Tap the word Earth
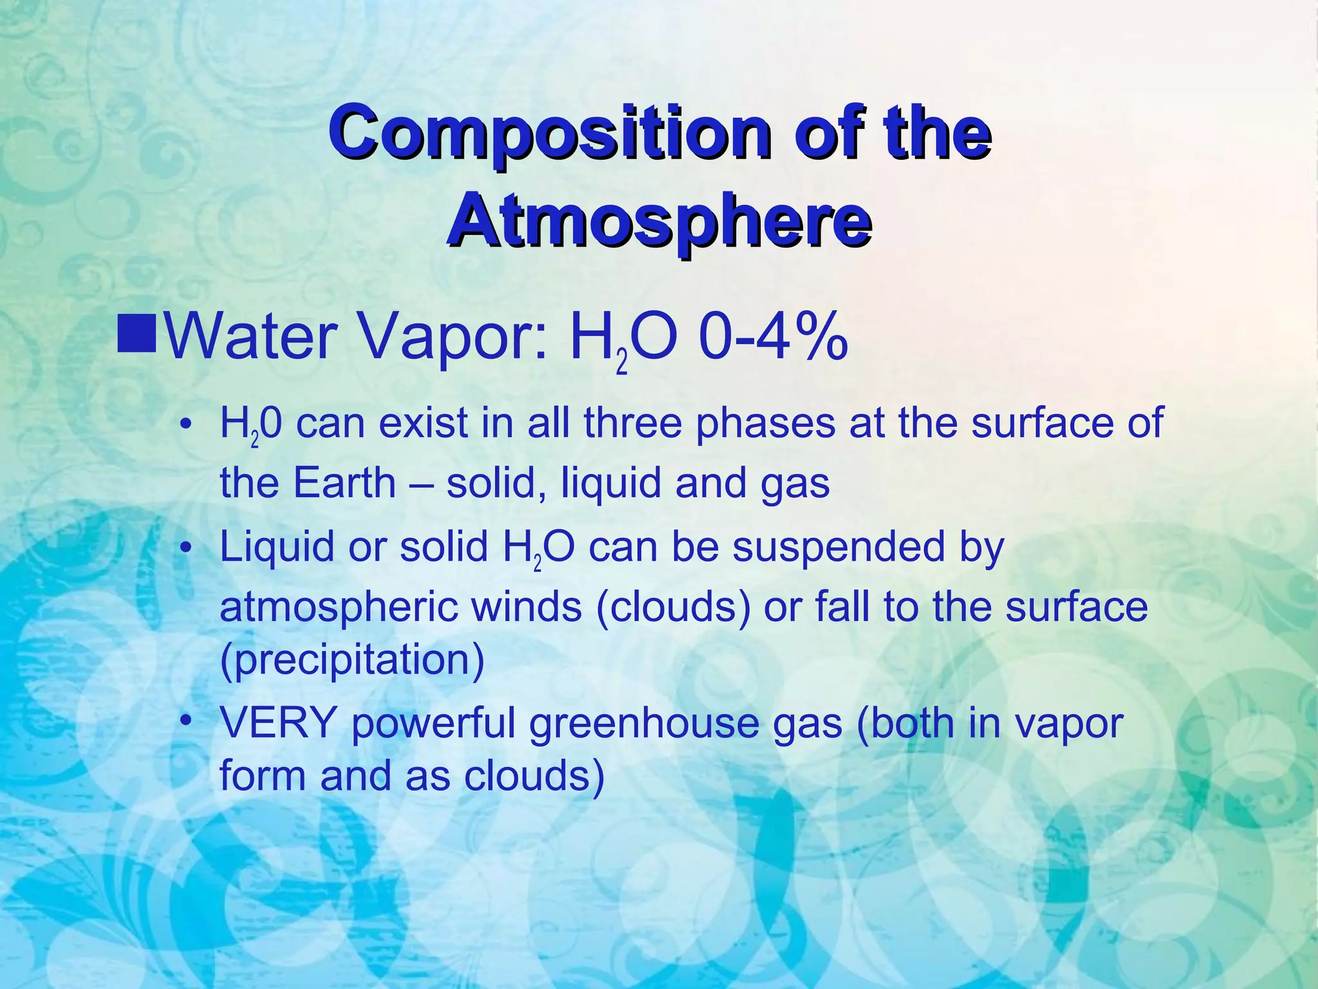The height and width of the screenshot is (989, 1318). tap(344, 482)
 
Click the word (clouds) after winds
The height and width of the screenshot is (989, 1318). tap(673, 607)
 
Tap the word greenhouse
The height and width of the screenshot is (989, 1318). tap(685, 723)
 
